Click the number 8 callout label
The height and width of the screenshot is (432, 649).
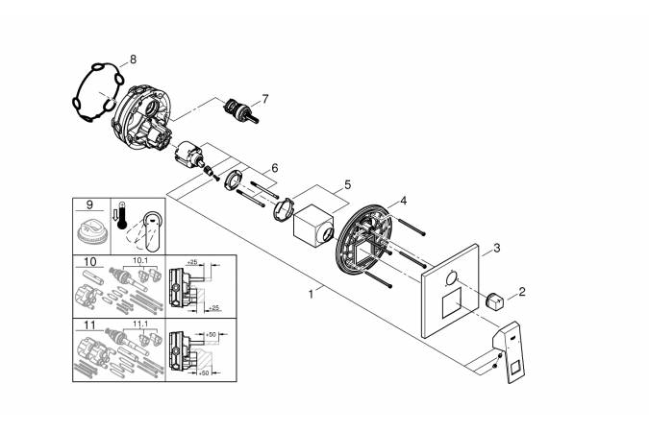(x=133, y=60)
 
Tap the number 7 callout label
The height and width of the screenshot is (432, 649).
(x=265, y=98)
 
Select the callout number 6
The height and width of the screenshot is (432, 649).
(x=275, y=167)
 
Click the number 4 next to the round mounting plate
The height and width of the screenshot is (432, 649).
(x=404, y=201)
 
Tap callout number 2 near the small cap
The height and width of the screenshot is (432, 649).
(x=523, y=290)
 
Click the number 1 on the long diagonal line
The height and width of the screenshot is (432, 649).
(x=311, y=295)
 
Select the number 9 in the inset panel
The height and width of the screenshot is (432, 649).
(x=89, y=204)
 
